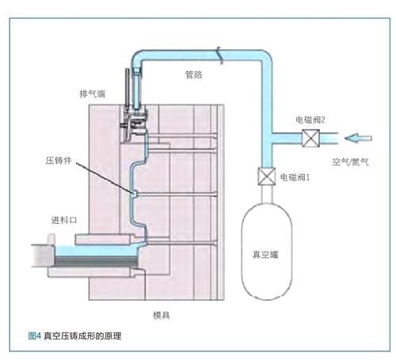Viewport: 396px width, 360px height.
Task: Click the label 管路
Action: click(x=194, y=74)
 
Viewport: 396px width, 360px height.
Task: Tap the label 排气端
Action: click(x=93, y=93)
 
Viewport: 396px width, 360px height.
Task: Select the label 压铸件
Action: click(x=59, y=161)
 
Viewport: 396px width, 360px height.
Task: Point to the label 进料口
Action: click(x=64, y=220)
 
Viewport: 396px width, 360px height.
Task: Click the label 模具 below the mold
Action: click(x=162, y=315)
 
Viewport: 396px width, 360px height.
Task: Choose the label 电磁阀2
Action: click(x=310, y=120)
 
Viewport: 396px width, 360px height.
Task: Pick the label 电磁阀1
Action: click(x=295, y=177)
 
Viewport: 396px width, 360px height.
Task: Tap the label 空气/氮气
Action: click(x=350, y=161)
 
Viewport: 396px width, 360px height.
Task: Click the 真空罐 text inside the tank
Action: click(x=265, y=255)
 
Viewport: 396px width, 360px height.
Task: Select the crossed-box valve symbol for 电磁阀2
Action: click(x=310, y=138)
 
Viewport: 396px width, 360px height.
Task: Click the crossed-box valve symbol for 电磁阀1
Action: click(x=267, y=176)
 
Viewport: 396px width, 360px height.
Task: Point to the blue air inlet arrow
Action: click(x=358, y=138)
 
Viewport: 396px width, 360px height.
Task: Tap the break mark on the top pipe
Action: click(x=220, y=55)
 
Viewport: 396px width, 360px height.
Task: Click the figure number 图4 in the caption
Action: click(x=35, y=336)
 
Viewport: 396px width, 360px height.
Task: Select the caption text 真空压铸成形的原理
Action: click(x=82, y=336)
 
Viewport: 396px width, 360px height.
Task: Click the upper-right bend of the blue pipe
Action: click(x=266, y=56)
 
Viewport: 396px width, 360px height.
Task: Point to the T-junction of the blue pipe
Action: click(x=267, y=138)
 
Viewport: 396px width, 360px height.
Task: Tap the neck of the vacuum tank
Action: click(x=267, y=194)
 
